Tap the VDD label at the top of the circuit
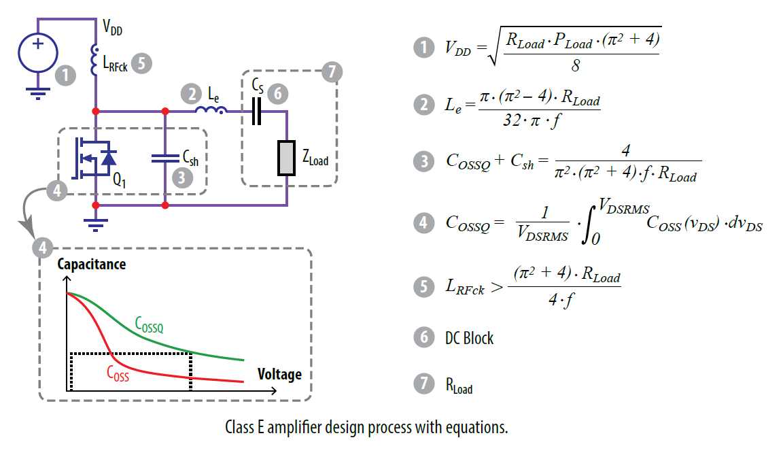tap(112, 28)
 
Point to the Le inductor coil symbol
tap(207, 110)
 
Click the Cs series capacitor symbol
tap(256, 111)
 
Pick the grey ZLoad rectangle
tap(287, 159)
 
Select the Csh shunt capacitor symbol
tap(165, 158)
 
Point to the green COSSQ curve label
tap(149, 325)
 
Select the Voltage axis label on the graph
tap(279, 374)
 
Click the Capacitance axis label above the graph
tap(92, 264)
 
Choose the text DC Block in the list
tap(470, 337)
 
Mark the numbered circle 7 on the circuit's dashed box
tap(331, 71)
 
